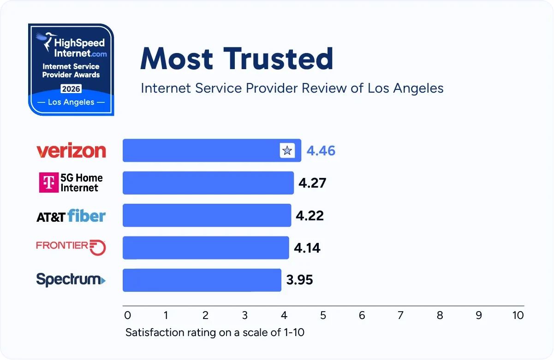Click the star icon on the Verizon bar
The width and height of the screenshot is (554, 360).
[x=287, y=151]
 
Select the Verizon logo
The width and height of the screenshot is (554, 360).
[x=71, y=151]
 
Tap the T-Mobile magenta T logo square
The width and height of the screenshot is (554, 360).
[x=48, y=183]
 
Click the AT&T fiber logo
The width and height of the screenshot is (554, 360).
[x=71, y=216]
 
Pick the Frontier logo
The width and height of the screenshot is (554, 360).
[x=71, y=247]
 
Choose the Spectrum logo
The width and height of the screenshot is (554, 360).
[x=71, y=279]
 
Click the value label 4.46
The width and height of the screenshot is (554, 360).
[x=321, y=151]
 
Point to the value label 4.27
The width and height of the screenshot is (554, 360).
[x=312, y=183]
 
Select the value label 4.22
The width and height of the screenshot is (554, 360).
[x=310, y=215]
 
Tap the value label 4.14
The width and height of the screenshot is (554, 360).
[x=307, y=248]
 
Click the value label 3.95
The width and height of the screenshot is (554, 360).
[x=299, y=280]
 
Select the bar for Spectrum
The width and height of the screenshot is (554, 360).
[x=202, y=280]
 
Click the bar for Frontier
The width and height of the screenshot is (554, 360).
[x=205, y=248]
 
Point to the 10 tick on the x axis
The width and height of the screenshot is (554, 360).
[x=518, y=315]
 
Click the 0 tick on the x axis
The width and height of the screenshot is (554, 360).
[x=128, y=315]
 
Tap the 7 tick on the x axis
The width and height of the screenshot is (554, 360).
[x=400, y=315]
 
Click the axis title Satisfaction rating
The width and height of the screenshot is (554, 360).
[x=215, y=332]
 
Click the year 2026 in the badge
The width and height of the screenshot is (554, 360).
[x=71, y=89]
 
